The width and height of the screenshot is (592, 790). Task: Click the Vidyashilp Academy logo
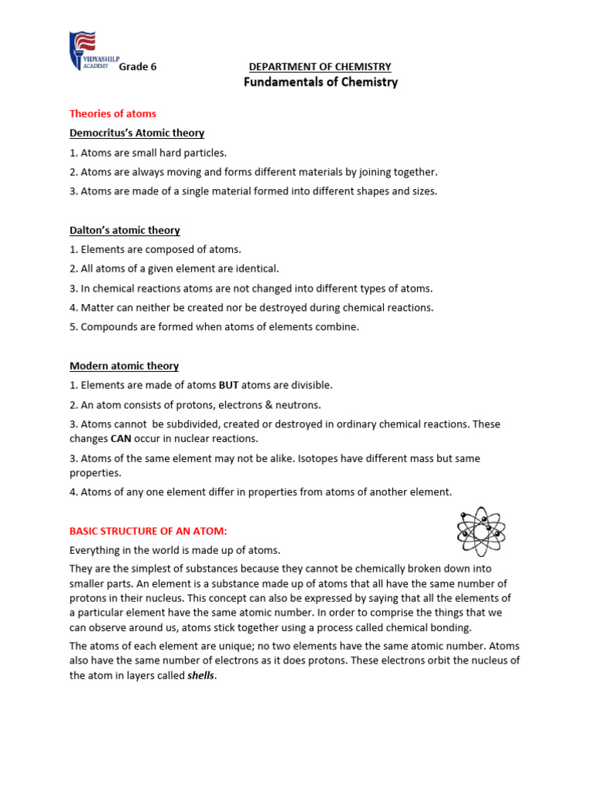82,51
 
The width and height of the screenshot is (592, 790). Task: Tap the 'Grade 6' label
137,67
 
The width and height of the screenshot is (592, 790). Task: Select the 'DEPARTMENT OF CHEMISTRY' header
320,67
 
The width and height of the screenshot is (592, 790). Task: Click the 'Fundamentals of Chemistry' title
321,83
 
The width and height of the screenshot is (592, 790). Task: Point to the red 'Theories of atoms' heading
113,113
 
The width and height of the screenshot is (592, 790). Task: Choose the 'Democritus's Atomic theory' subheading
136,133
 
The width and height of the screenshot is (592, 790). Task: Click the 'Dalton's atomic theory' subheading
125,230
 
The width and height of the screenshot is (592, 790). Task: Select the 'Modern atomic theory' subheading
124,366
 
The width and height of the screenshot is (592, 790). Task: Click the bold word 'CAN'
123,438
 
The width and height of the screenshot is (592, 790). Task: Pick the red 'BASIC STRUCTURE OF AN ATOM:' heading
149,531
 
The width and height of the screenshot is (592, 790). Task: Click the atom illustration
480,531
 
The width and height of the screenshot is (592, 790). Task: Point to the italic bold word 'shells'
201,675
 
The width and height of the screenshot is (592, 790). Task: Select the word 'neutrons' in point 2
297,405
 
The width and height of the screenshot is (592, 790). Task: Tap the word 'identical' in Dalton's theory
258,268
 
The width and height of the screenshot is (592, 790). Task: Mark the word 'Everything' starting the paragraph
96,550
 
